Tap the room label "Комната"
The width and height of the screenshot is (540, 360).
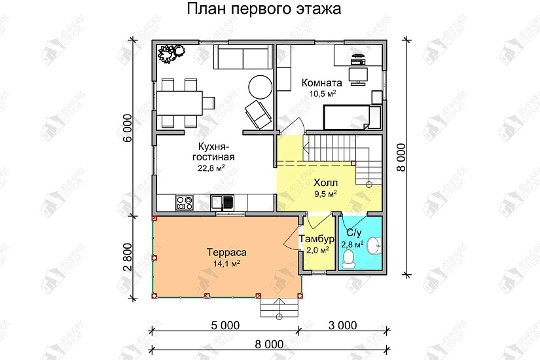tap(321, 83)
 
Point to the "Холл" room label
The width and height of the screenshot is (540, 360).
tap(325, 183)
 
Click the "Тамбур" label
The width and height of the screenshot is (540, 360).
tap(316, 238)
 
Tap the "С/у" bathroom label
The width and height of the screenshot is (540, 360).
tap(353, 233)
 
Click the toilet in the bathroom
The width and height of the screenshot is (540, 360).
tap(348, 258)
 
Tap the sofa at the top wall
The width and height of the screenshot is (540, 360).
tap(243, 58)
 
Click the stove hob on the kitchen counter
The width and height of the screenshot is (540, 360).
tap(184, 203)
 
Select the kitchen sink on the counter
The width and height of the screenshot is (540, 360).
tap(223, 203)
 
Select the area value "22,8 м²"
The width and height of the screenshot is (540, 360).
tap(211, 168)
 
